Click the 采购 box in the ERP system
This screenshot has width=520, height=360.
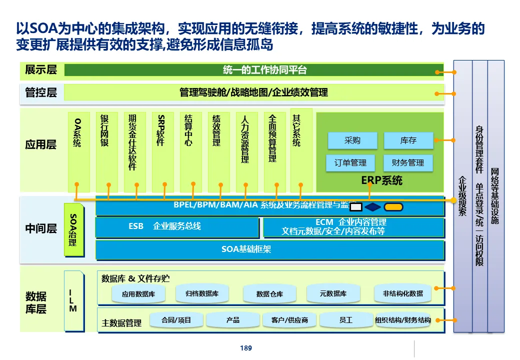click(352, 141)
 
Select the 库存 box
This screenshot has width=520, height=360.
click(408, 141)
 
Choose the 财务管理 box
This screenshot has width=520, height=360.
click(408, 163)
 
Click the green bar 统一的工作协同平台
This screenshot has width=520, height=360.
click(254, 70)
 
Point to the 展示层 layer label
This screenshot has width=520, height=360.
click(41, 70)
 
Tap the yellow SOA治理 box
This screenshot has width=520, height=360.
click(73, 230)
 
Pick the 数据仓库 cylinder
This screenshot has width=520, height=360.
click(269, 294)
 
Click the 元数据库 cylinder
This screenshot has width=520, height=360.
click(333, 293)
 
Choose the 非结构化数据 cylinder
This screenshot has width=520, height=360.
click(402, 293)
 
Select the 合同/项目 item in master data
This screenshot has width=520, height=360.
click(176, 320)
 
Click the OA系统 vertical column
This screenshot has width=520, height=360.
click(77, 150)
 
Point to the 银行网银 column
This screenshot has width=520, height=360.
click(105, 150)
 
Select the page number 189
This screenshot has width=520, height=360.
click(246, 348)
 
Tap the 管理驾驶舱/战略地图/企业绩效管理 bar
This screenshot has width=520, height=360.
click(254, 92)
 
